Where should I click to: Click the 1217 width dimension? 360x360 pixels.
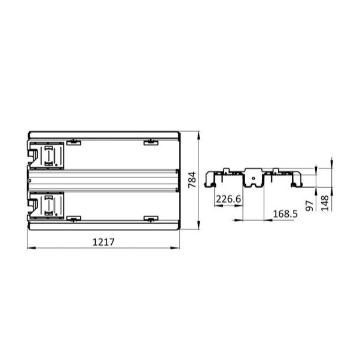coord(103,242)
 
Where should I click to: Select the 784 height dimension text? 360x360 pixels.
coord(192,180)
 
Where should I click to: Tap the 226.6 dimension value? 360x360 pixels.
coord(228,199)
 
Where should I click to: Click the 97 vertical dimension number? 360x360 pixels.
coord(309,205)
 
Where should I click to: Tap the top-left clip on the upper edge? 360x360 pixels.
coord(73,142)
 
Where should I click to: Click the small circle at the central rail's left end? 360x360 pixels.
coord(30,180)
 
